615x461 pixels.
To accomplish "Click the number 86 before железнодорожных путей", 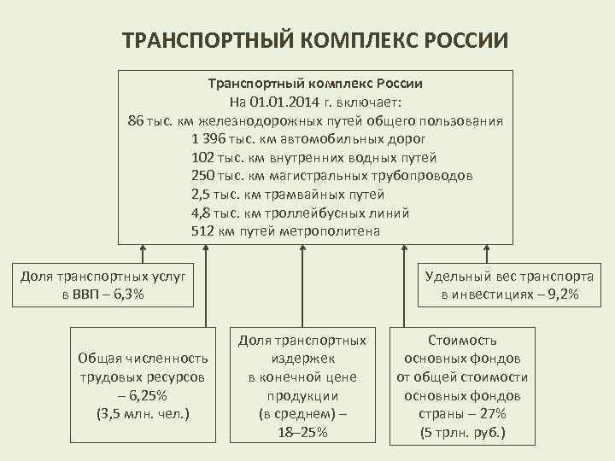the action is [136, 120].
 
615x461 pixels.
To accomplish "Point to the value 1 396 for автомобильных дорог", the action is [210, 138].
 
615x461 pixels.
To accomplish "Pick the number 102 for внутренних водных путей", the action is [204, 157].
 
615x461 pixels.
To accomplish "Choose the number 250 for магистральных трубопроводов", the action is [204, 176].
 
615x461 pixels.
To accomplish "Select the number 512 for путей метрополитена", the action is [204, 231].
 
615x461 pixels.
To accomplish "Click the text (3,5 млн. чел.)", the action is [143, 414].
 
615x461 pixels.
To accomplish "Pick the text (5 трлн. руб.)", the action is [462, 433].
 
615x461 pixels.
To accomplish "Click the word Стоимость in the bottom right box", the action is [462, 339].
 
